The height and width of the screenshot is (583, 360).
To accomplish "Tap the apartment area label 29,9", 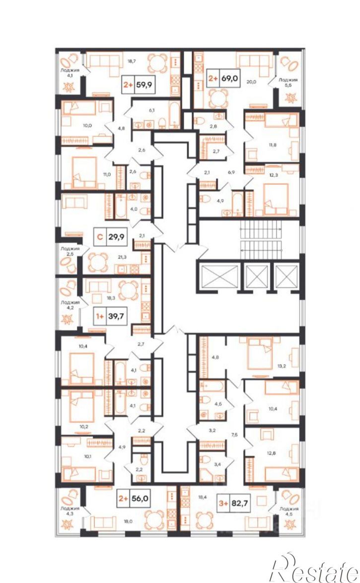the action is click(116, 236).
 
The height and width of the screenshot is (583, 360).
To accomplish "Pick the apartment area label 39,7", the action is click(116, 316).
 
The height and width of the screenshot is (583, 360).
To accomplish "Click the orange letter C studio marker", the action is click(99, 236).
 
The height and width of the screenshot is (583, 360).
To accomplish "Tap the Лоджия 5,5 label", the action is click(288, 82).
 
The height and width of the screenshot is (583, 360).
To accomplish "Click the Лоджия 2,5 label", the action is click(71, 251).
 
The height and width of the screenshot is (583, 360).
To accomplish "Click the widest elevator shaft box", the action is click(218, 276).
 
